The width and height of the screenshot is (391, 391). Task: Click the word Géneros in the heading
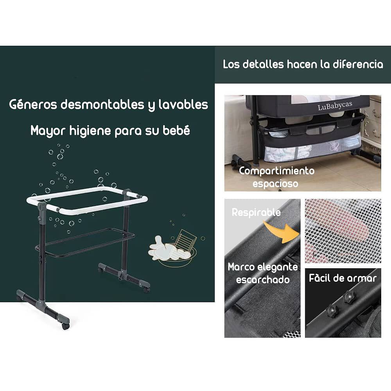[x=33, y=104]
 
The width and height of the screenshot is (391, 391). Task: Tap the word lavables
[x=183, y=104]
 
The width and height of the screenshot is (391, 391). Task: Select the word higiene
[x=90, y=131]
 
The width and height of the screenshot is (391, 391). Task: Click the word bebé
[x=176, y=130]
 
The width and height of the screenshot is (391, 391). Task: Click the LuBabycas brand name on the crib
[x=335, y=106]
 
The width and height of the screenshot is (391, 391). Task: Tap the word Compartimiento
[x=276, y=171]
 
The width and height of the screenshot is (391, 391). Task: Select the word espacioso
[x=275, y=183]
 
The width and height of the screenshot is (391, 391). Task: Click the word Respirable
[x=256, y=212]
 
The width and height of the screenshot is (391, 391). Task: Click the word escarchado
[x=263, y=280]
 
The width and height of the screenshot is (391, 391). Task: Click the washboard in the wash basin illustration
[x=185, y=240]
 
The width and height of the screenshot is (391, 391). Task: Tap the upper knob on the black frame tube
[x=349, y=297]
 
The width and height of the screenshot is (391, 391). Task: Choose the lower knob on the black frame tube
[x=332, y=310]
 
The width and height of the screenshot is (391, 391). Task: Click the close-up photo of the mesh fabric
[x=343, y=231]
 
